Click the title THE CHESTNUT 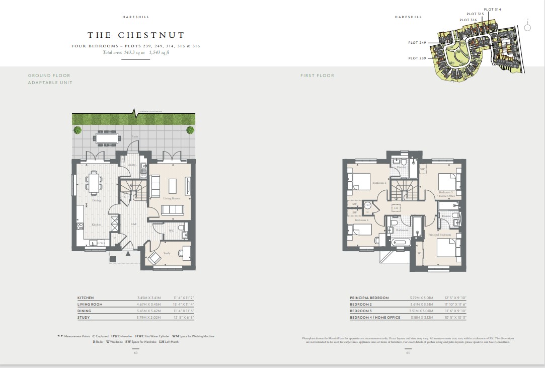click(136, 35)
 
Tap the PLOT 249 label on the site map click(417, 43)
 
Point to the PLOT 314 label click(492, 9)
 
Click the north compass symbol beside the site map click(527, 28)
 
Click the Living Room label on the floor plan click(172, 198)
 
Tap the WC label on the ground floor click(171, 231)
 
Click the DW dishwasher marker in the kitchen click(101, 243)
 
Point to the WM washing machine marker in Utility click(143, 175)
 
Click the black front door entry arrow click(128, 254)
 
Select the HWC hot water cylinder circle click(367, 205)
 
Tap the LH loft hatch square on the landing click(396, 208)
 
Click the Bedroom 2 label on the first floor click(379, 183)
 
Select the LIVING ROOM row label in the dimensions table click(90, 304)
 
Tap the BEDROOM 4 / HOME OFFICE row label click(375, 317)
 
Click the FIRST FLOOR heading click(317, 76)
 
